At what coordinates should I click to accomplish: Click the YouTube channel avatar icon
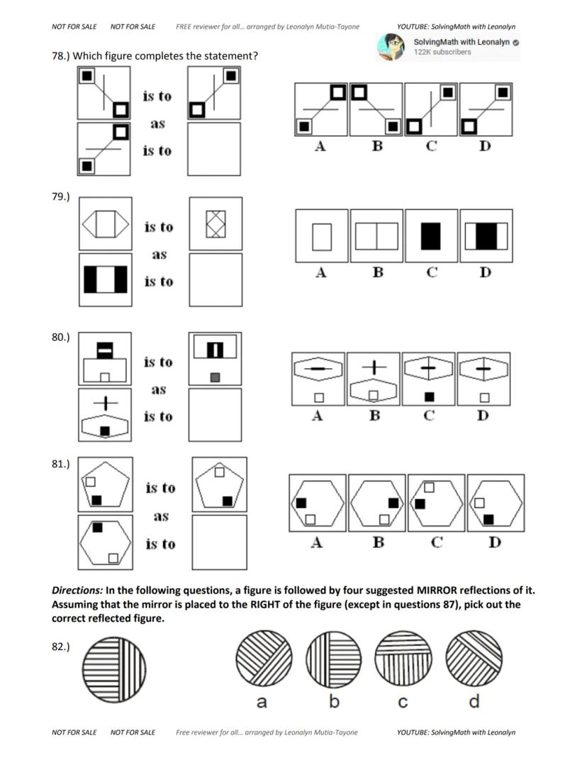(391, 47)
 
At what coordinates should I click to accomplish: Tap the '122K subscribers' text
(442, 53)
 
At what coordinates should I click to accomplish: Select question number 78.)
(64, 56)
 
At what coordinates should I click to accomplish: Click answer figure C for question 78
(431, 109)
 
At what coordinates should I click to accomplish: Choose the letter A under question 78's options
(320, 146)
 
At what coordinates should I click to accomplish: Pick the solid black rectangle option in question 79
(430, 236)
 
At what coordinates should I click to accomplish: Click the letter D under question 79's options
(485, 272)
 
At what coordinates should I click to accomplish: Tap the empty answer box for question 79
(216, 280)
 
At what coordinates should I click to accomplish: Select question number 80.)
(61, 337)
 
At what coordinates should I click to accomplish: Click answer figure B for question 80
(374, 379)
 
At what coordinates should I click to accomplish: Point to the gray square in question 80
(215, 377)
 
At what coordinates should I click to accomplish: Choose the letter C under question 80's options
(429, 416)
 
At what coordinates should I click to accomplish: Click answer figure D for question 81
(495, 502)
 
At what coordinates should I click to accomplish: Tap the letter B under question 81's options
(379, 543)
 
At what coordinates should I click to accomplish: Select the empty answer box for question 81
(220, 542)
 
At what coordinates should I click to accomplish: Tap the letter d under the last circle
(474, 701)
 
